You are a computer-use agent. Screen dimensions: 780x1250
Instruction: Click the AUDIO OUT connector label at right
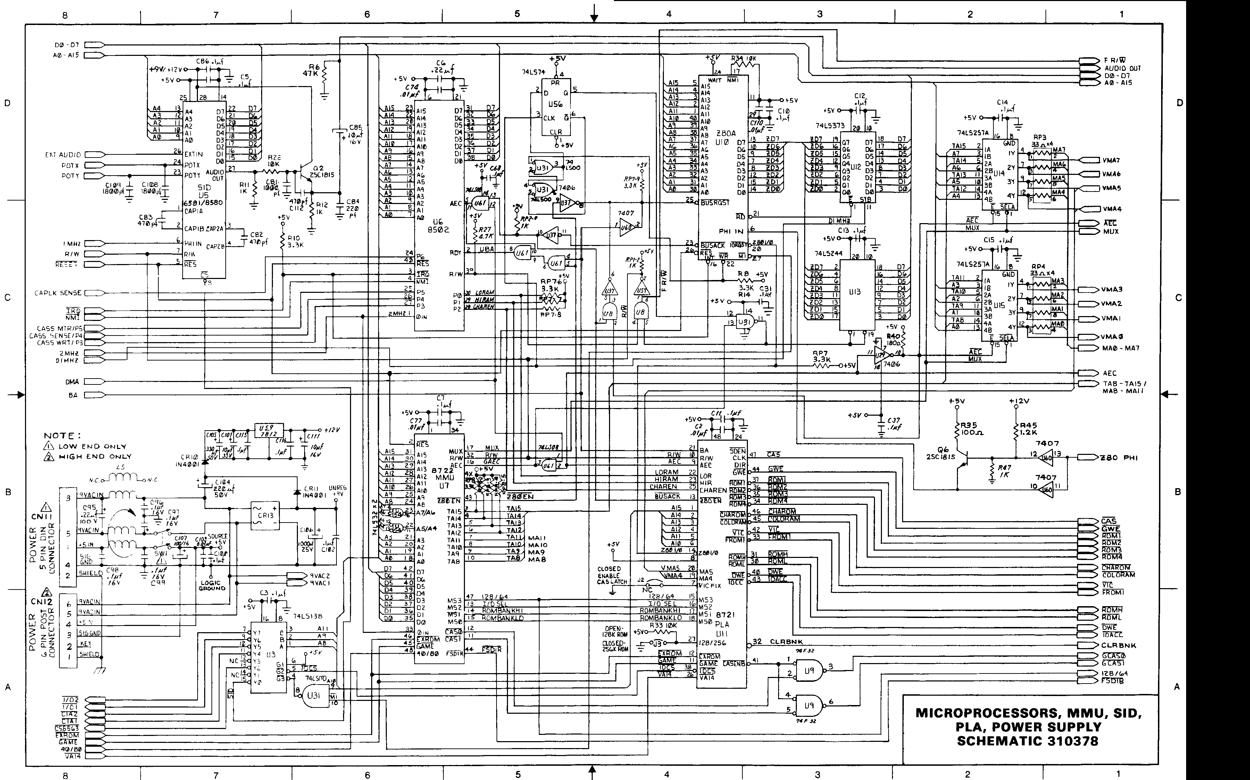tap(1123, 68)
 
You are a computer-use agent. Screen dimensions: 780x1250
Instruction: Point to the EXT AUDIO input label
tap(62, 154)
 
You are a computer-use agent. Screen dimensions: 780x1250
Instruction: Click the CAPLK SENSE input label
tap(58, 293)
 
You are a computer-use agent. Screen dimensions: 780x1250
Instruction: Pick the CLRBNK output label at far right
tap(1118, 645)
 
